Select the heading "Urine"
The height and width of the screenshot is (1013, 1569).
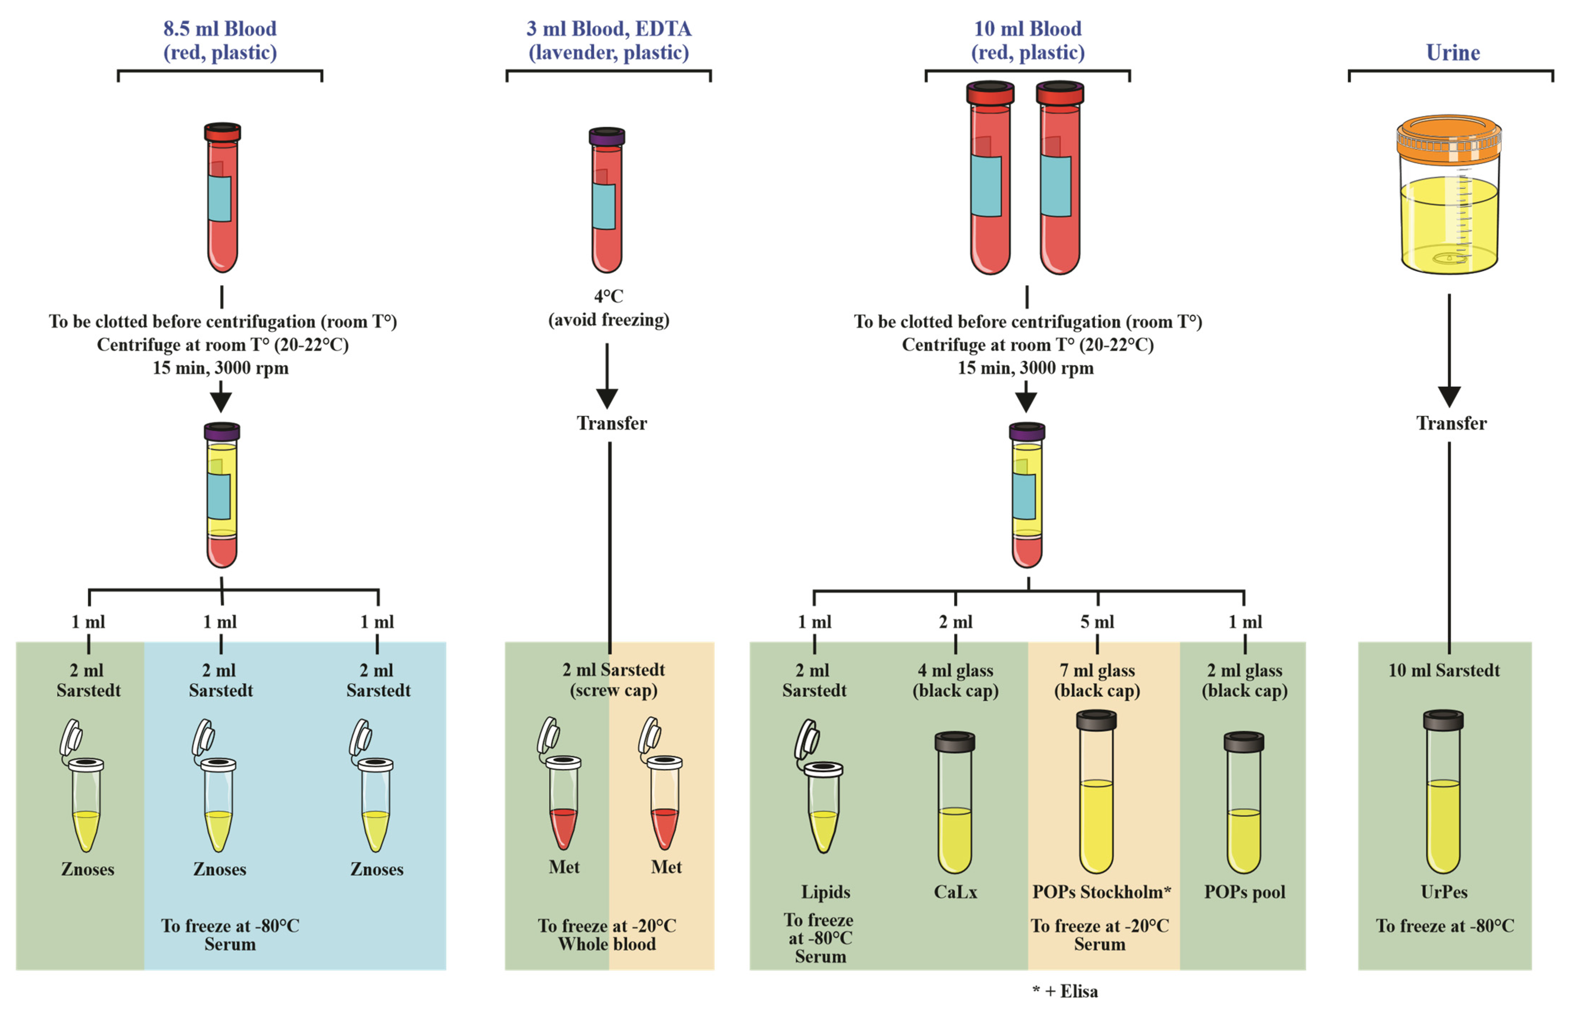1453,52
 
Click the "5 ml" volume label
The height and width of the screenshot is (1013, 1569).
1097,622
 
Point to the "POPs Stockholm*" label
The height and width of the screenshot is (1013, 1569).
1101,892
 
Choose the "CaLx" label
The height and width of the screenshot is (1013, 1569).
955,892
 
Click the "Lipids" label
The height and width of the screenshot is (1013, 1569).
825,892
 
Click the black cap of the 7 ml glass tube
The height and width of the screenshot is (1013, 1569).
1096,720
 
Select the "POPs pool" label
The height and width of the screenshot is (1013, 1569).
1244,892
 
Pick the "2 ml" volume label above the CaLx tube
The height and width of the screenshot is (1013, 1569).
955,622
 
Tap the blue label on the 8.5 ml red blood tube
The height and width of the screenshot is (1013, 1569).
219,199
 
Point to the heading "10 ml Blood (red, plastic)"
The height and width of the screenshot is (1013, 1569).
1027,40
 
